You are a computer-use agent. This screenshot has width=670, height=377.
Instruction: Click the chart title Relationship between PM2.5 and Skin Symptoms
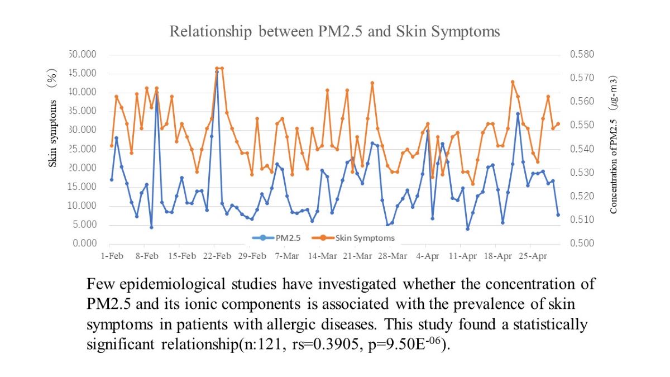pos(334,32)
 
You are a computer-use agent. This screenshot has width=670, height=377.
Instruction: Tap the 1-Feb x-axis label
pos(112,256)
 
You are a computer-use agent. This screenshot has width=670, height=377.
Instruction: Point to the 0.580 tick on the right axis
pos(582,55)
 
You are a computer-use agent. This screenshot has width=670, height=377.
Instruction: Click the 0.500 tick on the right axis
pos(582,244)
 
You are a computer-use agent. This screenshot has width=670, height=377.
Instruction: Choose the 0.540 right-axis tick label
pos(582,149)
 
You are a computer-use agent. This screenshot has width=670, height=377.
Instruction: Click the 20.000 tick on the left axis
pos(84,168)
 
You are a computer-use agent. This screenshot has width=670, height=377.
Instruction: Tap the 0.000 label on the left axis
pos(85,244)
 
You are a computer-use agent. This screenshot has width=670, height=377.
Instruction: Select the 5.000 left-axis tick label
pos(85,225)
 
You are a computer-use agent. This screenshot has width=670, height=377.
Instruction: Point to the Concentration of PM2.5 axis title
pos(614,145)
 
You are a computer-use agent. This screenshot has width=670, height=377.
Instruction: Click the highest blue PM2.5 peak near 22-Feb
pos(217,72)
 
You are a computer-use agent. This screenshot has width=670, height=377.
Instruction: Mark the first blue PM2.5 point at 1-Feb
pos(112,180)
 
